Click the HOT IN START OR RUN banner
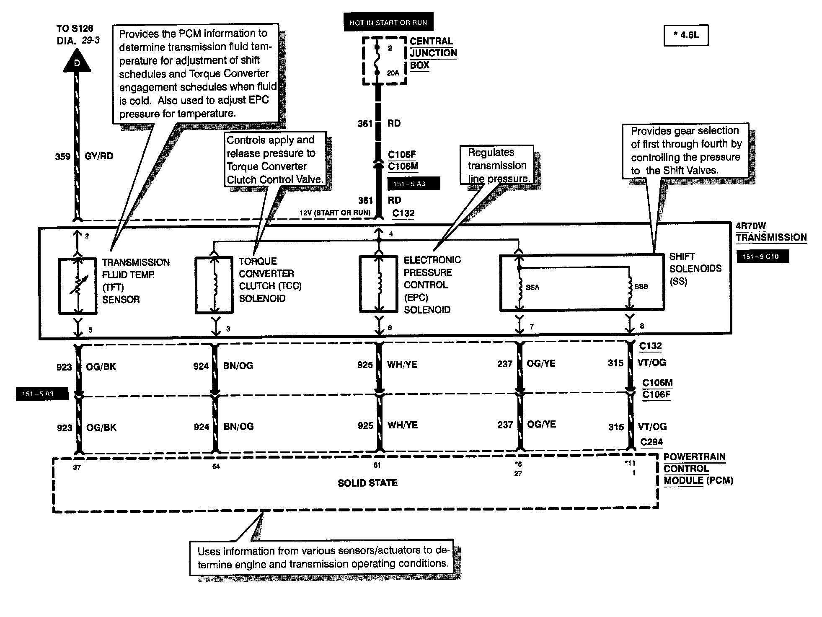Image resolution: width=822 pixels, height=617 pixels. [x=388, y=23]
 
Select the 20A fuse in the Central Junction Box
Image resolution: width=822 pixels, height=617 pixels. [x=378, y=60]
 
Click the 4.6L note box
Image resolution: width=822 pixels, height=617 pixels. [x=686, y=36]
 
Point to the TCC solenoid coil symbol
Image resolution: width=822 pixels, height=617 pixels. [x=215, y=285]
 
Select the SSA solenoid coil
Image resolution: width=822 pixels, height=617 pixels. [x=520, y=287]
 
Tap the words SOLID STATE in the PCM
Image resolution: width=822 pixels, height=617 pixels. [x=367, y=483]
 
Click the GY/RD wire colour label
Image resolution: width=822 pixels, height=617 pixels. [x=99, y=156]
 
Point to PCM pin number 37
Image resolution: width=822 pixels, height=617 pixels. [x=77, y=467]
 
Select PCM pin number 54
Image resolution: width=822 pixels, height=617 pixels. [x=216, y=467]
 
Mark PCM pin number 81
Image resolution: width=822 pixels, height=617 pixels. [x=377, y=465]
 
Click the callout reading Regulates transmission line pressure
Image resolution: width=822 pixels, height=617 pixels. [x=497, y=165]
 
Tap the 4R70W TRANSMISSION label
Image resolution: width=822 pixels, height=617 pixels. [x=771, y=232]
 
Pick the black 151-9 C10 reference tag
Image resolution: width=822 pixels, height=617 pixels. [x=763, y=257]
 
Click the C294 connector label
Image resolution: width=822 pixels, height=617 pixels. [x=651, y=442]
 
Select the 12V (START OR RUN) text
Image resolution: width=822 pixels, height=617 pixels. [x=335, y=213]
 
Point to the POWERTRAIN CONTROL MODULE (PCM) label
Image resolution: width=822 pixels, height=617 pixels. [x=698, y=469]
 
